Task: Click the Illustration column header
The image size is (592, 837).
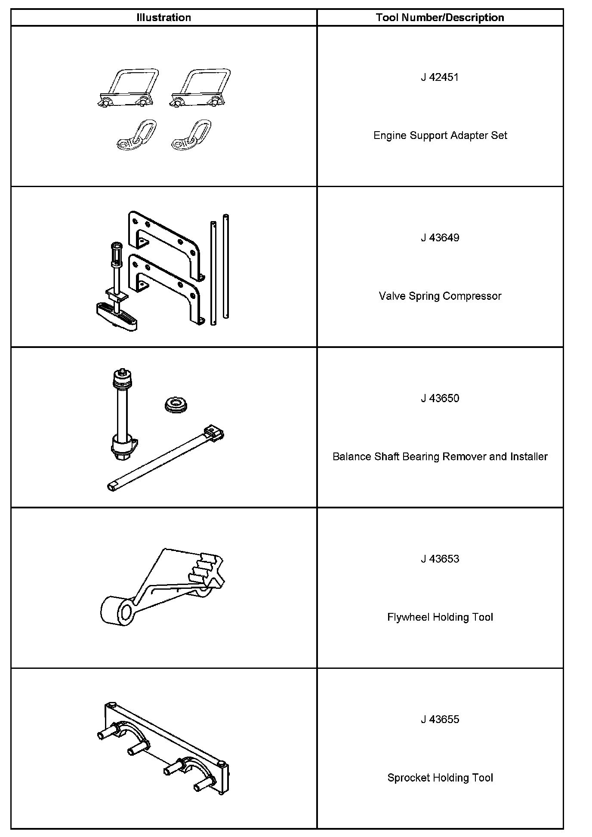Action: click(163, 18)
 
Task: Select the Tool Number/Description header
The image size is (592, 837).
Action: click(440, 18)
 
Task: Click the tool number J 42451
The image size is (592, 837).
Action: click(440, 77)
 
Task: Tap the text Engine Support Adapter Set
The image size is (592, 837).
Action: click(440, 135)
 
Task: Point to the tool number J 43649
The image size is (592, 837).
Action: click(440, 238)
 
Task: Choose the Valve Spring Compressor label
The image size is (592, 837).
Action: click(440, 296)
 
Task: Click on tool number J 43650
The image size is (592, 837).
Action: click(440, 398)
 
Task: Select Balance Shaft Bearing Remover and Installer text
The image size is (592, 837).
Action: click(440, 456)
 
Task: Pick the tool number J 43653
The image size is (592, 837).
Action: click(440, 559)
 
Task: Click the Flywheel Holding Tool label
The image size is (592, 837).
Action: click(440, 617)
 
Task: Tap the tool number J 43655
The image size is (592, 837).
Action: click(440, 719)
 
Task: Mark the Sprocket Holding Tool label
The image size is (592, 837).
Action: click(440, 778)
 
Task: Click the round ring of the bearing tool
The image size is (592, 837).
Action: click(176, 404)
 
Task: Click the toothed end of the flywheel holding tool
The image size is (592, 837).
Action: click(209, 568)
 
